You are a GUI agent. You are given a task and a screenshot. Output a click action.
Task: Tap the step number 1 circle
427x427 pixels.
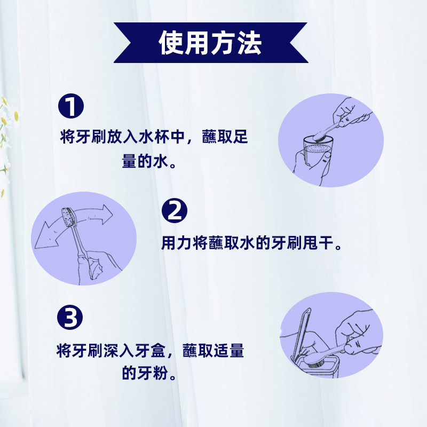[70, 106]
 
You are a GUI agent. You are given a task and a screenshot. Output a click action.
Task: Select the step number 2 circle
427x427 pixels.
[175, 211]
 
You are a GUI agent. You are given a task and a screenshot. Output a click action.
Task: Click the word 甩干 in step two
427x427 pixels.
[323, 244]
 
